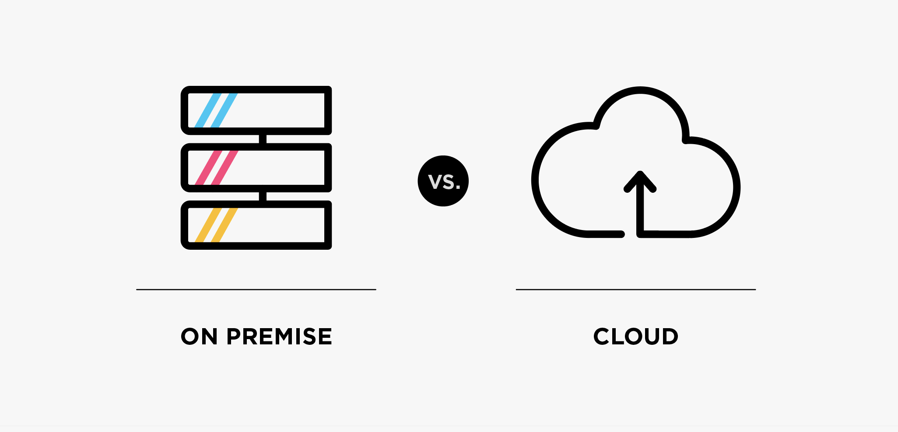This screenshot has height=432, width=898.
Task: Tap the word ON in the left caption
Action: pos(199,336)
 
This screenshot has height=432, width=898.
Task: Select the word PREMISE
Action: pos(279,336)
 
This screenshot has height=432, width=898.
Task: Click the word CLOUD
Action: pos(635,336)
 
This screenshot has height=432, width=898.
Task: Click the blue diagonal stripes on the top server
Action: pos(216,110)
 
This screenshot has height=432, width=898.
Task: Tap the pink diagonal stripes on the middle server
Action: pos(216,168)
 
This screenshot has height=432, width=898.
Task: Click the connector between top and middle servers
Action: pos(263,139)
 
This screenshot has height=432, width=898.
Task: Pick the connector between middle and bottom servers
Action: pos(263,196)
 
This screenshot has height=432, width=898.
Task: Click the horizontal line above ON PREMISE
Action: pos(256,290)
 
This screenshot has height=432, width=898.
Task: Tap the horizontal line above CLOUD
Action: pos(635,290)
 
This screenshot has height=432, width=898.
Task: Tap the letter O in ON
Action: pos(191,336)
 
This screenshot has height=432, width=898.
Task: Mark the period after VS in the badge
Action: pos(458,188)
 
